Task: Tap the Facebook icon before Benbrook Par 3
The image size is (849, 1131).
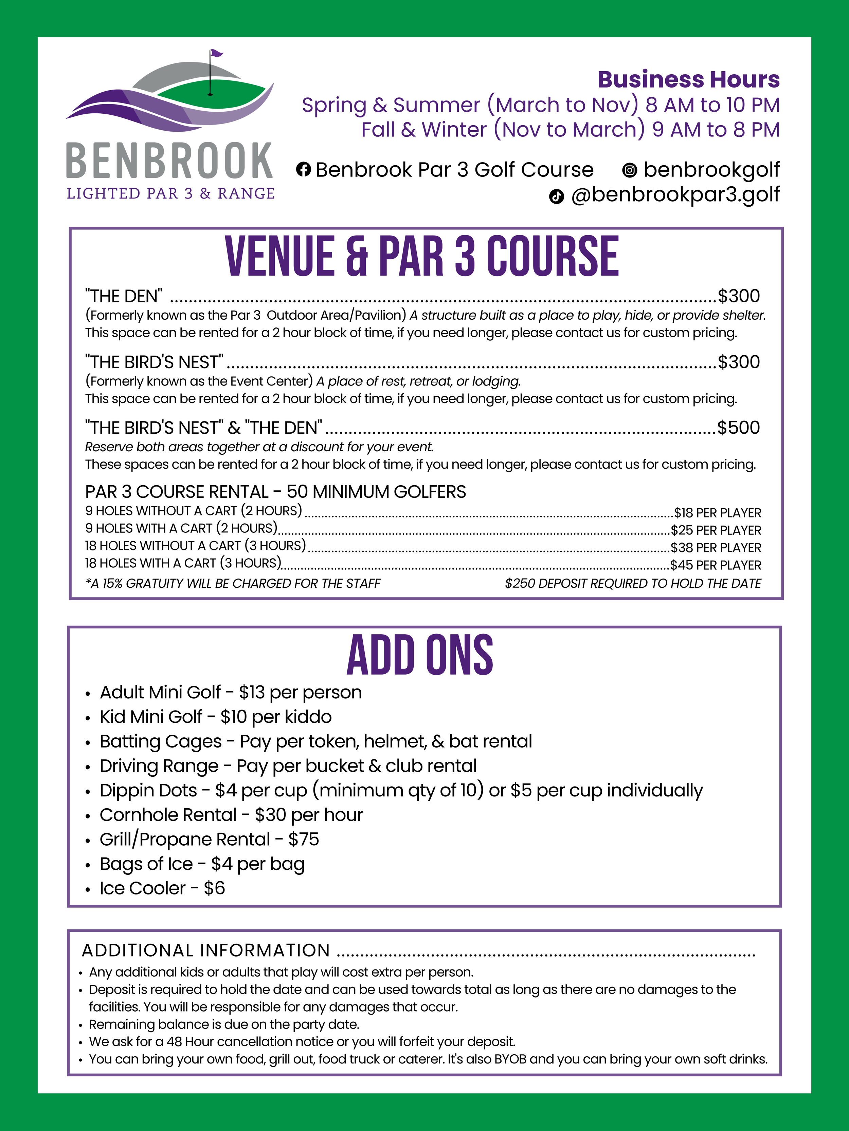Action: (x=304, y=169)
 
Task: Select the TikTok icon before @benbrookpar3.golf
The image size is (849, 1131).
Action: (x=556, y=196)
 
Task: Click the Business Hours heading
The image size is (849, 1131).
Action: (x=688, y=80)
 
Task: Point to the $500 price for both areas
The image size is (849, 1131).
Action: (x=739, y=428)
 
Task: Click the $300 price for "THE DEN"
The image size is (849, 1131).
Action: (x=739, y=296)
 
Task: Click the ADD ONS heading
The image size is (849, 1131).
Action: (x=420, y=656)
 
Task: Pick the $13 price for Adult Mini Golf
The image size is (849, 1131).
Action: (x=251, y=692)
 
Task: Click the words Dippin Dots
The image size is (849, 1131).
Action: (x=148, y=790)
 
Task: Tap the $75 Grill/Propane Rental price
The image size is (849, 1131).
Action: (x=304, y=839)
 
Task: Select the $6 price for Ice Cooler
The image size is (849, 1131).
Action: (x=214, y=888)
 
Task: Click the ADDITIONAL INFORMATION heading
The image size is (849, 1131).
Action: (x=206, y=950)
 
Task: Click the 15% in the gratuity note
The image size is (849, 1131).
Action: (x=112, y=583)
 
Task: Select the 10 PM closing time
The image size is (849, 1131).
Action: (x=752, y=105)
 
